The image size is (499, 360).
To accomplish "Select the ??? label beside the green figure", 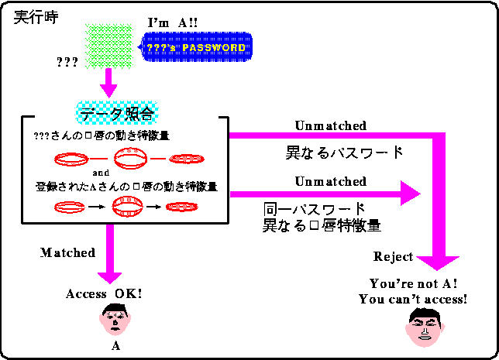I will [x=67, y=62].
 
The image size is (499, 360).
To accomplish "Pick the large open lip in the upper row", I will [x=129, y=159].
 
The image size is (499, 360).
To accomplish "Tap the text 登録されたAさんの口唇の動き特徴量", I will [x=126, y=187].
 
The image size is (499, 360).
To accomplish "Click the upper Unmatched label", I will [x=331, y=125].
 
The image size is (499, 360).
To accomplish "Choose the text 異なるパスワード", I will [x=345, y=153].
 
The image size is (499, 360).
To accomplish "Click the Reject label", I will [x=394, y=257].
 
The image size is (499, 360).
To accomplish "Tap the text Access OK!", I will [x=104, y=294].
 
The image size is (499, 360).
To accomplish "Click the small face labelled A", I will [x=115, y=318].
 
